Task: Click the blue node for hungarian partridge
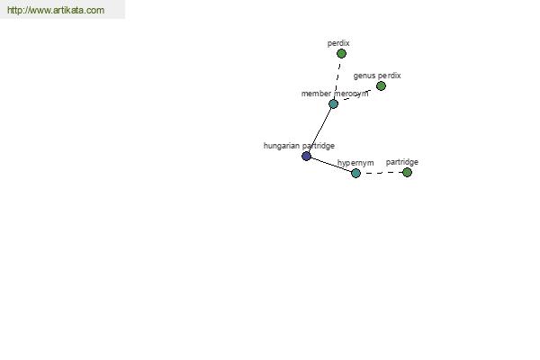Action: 306,156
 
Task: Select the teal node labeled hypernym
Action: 355,173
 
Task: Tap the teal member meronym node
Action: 333,103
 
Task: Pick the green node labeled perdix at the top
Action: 341,53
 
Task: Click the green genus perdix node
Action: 381,85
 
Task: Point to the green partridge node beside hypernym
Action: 407,172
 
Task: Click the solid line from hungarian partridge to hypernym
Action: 331,165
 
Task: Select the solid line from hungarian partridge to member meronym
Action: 319,130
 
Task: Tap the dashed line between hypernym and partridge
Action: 382,173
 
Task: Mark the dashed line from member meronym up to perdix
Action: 337,78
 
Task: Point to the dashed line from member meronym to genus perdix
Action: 356,94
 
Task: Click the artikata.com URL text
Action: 56,10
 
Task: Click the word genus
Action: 364,76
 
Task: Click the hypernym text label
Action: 355,163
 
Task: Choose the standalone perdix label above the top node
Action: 338,43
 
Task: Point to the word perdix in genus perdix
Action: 389,76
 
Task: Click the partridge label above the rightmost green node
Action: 402,162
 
